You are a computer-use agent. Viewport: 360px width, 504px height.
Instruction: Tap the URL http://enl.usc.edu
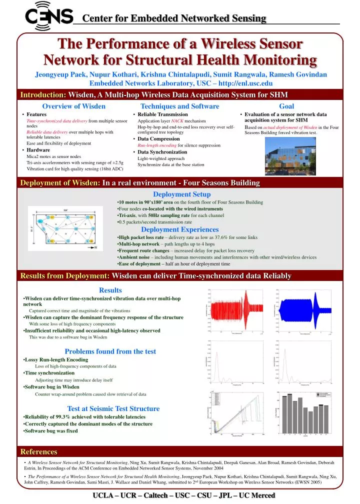click(x=243, y=83)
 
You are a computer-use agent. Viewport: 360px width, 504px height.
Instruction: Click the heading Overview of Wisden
click(x=73, y=106)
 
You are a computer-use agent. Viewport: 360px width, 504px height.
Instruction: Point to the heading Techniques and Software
click(x=180, y=106)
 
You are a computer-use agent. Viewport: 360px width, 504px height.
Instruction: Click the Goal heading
click(x=286, y=106)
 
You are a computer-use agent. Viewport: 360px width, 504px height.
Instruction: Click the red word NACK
click(x=177, y=121)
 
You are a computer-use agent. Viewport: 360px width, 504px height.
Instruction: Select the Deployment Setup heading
click(x=181, y=194)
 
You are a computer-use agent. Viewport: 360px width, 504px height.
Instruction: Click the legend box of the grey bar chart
click(x=321, y=394)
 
